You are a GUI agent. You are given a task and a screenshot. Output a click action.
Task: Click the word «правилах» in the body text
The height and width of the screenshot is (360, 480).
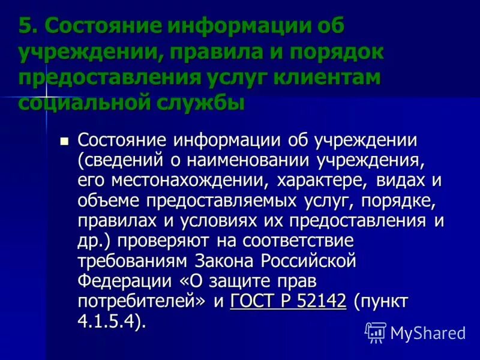[x=114, y=221]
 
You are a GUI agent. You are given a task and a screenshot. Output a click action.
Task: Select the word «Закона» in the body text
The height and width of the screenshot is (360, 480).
[x=223, y=262]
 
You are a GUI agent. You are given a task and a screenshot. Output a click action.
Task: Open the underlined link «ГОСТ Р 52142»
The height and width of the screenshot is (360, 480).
[x=289, y=302]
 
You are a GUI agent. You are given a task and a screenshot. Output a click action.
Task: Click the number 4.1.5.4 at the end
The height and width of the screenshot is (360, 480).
[x=109, y=322]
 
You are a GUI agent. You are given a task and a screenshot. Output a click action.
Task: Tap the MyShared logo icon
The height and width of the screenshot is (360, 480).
[x=376, y=332]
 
